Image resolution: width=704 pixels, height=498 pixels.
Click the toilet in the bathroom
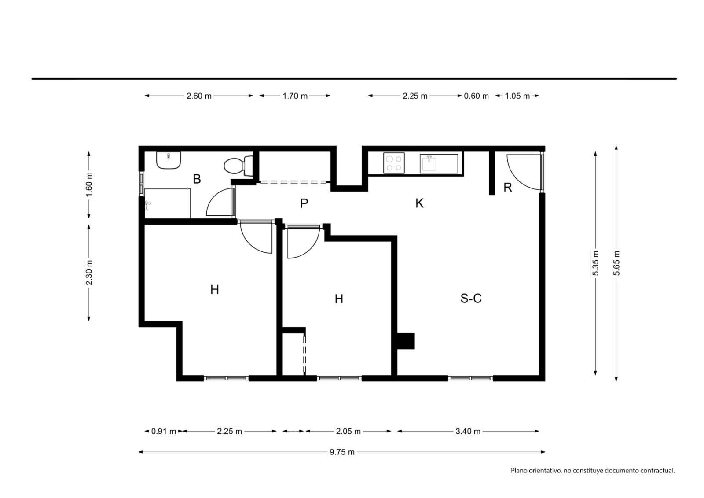[238, 166]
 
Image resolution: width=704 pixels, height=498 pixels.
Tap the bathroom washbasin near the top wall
[169, 160]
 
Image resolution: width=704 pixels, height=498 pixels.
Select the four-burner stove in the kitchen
[394, 163]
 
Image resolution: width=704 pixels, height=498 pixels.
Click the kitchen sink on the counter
[439, 164]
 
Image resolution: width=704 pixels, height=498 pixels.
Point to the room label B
[197, 179]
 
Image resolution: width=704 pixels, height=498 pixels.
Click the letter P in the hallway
[304, 203]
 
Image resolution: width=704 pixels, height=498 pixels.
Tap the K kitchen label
[419, 203]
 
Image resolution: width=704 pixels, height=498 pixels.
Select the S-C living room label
[471, 298]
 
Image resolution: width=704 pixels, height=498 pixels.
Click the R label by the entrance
[508, 187]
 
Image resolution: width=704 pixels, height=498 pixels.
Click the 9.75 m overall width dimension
[342, 452]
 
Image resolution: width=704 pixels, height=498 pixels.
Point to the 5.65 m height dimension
[616, 263]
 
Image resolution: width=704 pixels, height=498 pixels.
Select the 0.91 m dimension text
[164, 431]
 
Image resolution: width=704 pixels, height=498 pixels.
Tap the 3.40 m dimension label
[468, 431]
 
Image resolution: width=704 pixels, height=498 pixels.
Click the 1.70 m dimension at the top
[295, 96]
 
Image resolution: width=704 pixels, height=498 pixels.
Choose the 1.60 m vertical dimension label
[89, 184]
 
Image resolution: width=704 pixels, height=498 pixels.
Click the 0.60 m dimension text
[477, 96]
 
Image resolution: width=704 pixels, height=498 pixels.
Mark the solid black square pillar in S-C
[406, 341]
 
